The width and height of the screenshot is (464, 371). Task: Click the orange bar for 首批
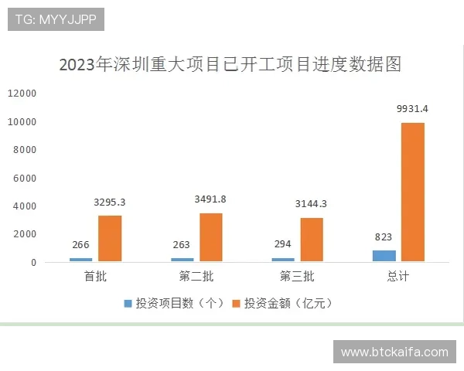[110, 239]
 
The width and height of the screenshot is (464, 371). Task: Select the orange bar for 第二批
[210, 237]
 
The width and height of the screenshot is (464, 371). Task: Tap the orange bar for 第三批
[312, 240]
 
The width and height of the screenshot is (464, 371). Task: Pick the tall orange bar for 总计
[413, 192]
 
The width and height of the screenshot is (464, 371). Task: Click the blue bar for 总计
[384, 256]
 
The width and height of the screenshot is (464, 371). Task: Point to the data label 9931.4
[411, 109]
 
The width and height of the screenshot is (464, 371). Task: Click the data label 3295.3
[110, 203]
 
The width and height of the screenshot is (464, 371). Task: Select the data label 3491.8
[210, 199]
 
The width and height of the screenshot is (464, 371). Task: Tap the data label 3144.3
[312, 204]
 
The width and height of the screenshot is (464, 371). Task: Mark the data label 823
[384, 237]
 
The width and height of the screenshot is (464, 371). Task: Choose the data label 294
[283, 245]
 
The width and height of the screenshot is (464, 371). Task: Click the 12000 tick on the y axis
[22, 94]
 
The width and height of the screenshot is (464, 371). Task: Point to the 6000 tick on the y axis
[26, 178]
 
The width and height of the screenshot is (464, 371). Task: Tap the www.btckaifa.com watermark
[394, 352]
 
